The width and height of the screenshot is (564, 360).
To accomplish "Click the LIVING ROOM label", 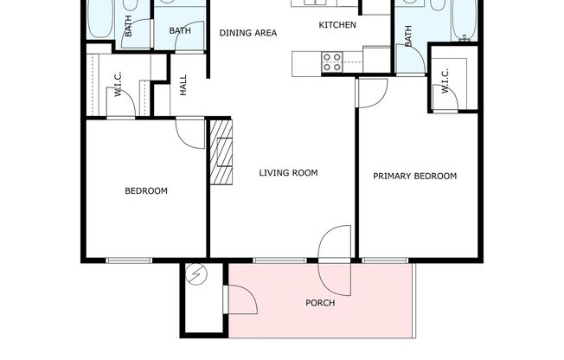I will click(288, 173).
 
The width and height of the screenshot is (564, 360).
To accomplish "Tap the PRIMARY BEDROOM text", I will click(414, 177).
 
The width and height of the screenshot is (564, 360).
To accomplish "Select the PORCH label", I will click(320, 303).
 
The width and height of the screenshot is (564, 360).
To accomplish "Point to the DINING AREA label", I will click(247, 33).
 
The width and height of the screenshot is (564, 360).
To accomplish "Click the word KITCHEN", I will click(337, 25).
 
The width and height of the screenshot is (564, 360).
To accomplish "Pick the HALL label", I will click(183, 84).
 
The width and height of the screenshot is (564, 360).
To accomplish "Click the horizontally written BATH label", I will click(180, 31).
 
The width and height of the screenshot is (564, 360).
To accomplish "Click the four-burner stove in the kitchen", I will click(332, 61).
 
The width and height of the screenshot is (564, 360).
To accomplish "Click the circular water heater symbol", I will click(197, 275).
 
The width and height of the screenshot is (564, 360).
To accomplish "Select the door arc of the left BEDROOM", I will click(188, 132).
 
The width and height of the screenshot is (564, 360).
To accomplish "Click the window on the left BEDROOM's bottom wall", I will click(129, 260).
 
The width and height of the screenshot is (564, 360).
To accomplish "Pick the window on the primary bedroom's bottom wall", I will click(385, 260).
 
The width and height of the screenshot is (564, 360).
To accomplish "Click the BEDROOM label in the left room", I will click(146, 191).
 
